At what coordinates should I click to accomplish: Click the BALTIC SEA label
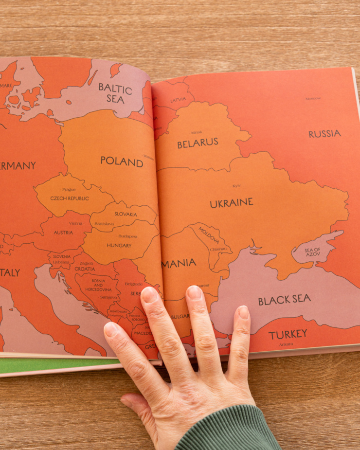[x=115, y=93]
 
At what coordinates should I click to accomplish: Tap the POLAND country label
[x=122, y=161]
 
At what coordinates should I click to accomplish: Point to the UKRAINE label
[x=232, y=203]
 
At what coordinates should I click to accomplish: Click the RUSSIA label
[x=324, y=134]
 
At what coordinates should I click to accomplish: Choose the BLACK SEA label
[x=285, y=300]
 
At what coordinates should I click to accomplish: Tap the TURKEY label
[x=288, y=334]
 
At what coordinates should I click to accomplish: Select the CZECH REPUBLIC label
[x=70, y=198]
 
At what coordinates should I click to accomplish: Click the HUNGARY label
[x=119, y=246]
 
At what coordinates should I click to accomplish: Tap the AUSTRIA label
[x=64, y=233]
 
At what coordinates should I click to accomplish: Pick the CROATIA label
[x=85, y=269]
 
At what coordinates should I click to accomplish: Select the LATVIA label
[x=178, y=100]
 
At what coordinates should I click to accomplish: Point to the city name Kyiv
[x=236, y=186]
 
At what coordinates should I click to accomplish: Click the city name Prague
[x=69, y=189]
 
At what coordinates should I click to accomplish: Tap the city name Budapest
[x=128, y=236]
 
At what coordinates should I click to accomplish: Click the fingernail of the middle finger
[x=194, y=293]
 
